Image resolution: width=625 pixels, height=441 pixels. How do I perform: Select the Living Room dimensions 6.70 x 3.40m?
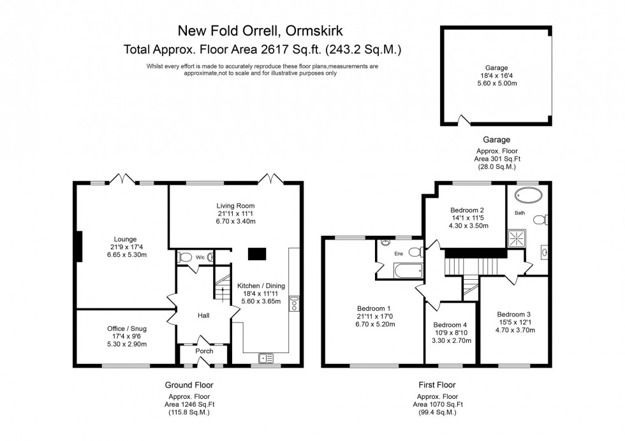coord(237,222)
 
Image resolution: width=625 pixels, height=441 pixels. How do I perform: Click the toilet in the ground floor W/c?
coord(186,257)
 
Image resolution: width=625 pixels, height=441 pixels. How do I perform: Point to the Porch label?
coord(203,351)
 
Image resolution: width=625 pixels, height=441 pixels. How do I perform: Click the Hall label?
coord(203,315)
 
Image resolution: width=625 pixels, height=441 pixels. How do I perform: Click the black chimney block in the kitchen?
coord(257,254)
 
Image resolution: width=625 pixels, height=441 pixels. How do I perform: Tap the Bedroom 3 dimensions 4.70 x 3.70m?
coord(516,330)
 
